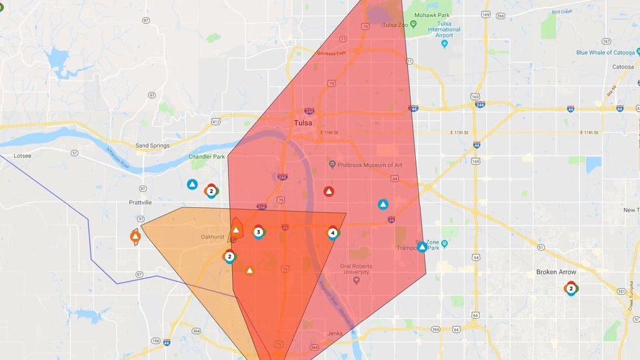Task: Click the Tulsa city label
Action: click(x=302, y=123)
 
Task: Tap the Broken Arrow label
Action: click(x=556, y=272)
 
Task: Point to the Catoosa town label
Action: click(x=622, y=66)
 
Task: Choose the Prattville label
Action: click(x=140, y=202)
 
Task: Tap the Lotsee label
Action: click(x=22, y=156)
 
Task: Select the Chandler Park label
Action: click(x=206, y=157)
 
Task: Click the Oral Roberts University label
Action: click(x=359, y=268)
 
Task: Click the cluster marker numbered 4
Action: click(x=333, y=233)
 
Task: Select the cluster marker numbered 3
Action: click(x=259, y=232)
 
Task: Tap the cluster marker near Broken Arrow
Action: click(x=571, y=289)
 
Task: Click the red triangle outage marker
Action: click(x=329, y=192)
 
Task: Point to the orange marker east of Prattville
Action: click(x=135, y=237)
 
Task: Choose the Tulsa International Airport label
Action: click(x=444, y=29)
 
